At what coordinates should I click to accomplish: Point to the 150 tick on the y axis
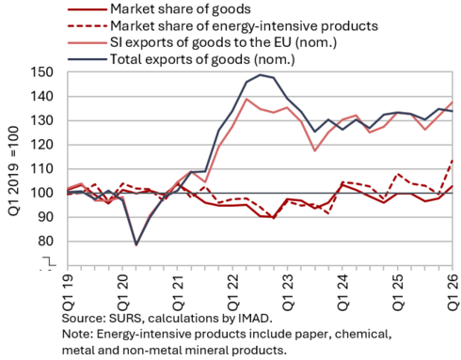click(x=42, y=72)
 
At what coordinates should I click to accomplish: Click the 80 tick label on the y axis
click(x=46, y=242)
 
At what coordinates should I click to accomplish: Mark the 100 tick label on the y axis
click(x=42, y=193)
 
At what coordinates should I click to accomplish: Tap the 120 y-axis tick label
click(x=42, y=145)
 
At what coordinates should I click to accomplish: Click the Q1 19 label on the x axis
click(x=68, y=292)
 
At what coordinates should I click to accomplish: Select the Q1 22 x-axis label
click(x=232, y=292)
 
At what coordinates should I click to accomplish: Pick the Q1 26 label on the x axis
click(x=453, y=292)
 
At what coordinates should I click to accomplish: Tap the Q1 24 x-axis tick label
click(x=342, y=292)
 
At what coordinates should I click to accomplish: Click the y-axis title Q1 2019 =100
click(x=13, y=171)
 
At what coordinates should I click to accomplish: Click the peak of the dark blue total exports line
click(x=260, y=74)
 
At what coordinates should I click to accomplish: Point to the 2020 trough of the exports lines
click(x=136, y=244)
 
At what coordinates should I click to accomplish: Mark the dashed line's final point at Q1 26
click(x=453, y=160)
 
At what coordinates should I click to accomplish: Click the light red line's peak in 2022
click(x=246, y=99)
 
